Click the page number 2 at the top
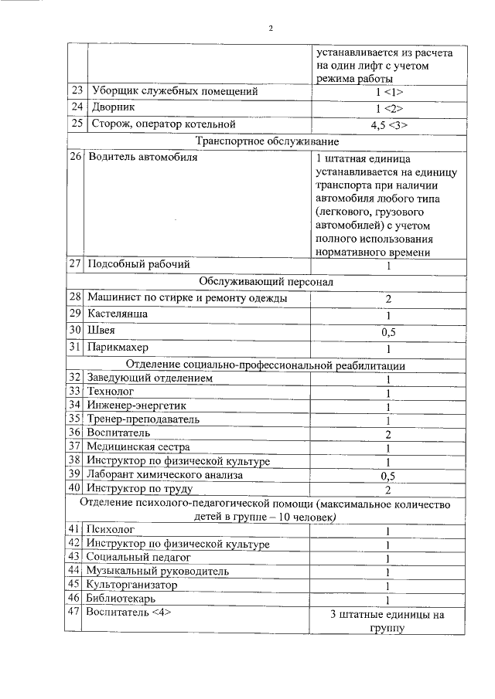click(271, 29)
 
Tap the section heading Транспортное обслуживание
click(267, 142)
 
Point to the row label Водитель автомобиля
click(144, 158)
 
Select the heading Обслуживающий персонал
click(266, 282)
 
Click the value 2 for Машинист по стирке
click(388, 299)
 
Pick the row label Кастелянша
click(118, 314)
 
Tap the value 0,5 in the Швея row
click(388, 332)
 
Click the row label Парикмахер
click(119, 348)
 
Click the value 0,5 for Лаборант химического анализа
click(388, 476)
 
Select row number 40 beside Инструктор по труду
click(75, 488)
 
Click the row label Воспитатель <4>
click(128, 613)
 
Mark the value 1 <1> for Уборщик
click(389, 93)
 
